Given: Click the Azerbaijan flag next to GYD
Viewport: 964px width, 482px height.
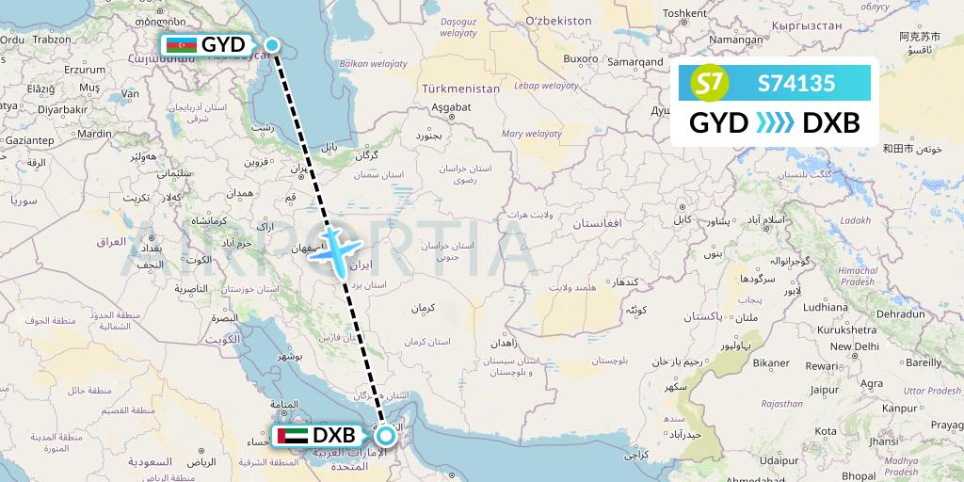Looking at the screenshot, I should [181, 45].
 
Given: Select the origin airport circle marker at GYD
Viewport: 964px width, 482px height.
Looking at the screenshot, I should [272, 44].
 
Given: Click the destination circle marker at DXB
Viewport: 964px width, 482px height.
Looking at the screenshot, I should [386, 436].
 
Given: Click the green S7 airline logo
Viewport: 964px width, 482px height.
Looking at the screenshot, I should [712, 84].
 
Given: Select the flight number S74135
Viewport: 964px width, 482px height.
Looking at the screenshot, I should [795, 84].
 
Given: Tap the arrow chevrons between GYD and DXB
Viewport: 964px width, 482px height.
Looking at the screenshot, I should [775, 123].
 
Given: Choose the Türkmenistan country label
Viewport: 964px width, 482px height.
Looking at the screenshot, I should [461, 88].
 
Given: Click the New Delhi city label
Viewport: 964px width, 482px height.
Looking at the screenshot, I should [854, 346].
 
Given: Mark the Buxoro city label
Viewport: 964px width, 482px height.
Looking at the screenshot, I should [580, 58].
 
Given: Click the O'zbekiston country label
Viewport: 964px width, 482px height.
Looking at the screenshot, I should [558, 20].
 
